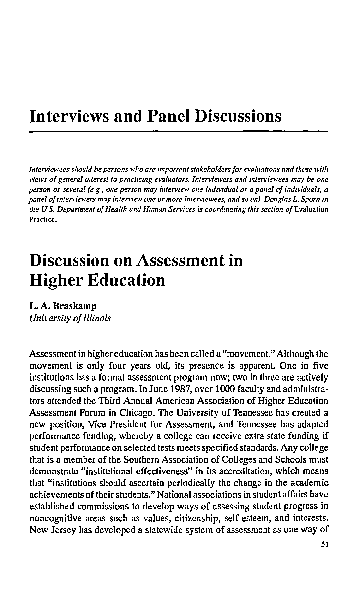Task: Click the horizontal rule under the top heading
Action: (180, 135)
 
